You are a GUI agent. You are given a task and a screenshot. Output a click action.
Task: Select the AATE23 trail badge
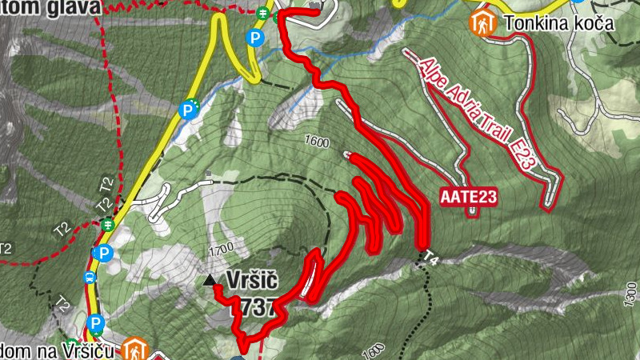click(468, 196)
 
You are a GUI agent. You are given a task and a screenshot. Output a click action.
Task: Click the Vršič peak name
click(252, 281)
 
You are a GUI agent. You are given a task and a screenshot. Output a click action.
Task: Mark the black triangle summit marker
click(210, 280)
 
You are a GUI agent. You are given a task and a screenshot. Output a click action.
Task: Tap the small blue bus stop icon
click(90, 278)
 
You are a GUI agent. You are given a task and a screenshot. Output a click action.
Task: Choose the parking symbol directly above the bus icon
click(102, 254)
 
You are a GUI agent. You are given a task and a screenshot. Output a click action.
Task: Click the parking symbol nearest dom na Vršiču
click(95, 324)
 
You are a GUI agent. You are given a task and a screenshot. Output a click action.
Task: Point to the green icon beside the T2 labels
click(108, 226)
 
